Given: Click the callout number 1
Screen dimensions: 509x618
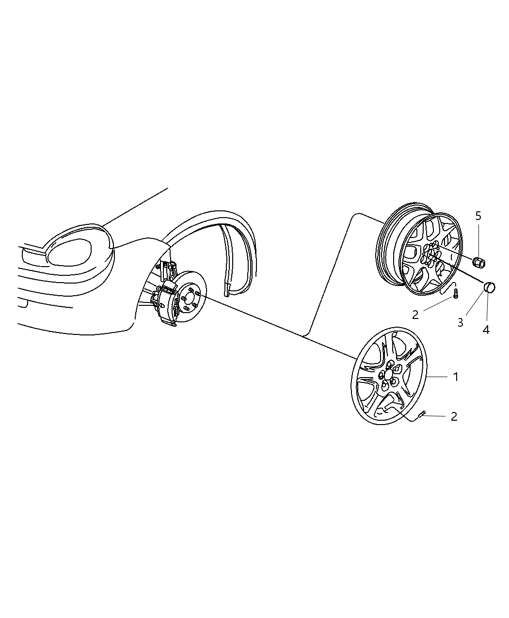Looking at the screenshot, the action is [x=456, y=377].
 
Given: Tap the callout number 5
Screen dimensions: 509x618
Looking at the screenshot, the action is [x=478, y=216].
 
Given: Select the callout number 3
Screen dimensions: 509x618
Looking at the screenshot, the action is [x=460, y=322].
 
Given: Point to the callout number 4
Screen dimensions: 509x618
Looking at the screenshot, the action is [x=486, y=330].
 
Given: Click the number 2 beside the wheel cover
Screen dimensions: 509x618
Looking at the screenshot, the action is [x=454, y=416].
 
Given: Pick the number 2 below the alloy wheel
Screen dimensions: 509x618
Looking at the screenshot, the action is [x=415, y=315].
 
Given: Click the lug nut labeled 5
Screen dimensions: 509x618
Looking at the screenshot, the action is [x=478, y=262].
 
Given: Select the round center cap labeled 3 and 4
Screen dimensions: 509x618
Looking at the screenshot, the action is [x=489, y=287].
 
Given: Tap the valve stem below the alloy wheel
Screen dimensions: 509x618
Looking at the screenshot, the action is [x=455, y=293].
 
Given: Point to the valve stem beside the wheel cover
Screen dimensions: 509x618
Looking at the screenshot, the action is [x=422, y=413].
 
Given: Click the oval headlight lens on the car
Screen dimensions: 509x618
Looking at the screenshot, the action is [x=70, y=251].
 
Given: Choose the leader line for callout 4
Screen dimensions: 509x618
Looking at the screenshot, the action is [x=487, y=307].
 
